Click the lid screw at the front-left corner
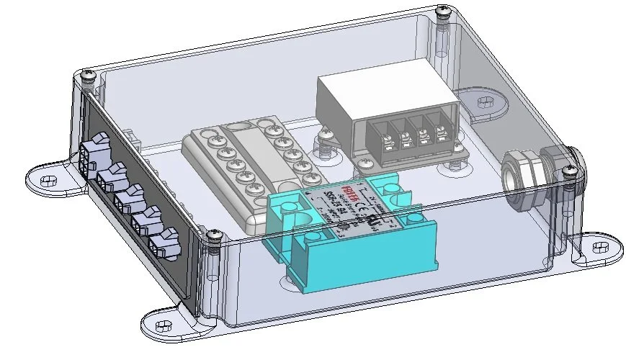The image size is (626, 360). click(214, 234)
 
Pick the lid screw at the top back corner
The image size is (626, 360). click(443, 11)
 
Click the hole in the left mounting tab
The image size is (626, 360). click(48, 179)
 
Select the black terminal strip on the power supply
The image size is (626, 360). click(408, 135)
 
